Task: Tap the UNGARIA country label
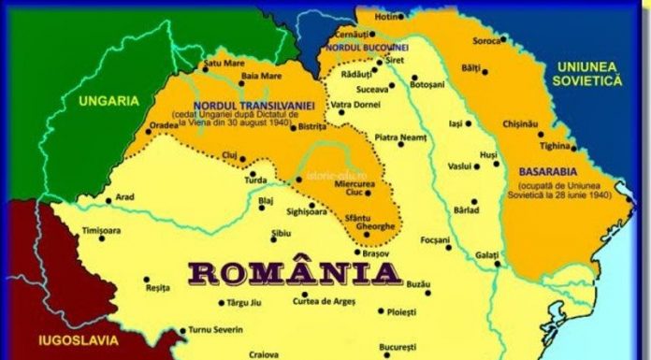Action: coord(108,100)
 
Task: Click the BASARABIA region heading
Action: coord(548,171)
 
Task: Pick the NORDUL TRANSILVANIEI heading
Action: coord(247,105)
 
